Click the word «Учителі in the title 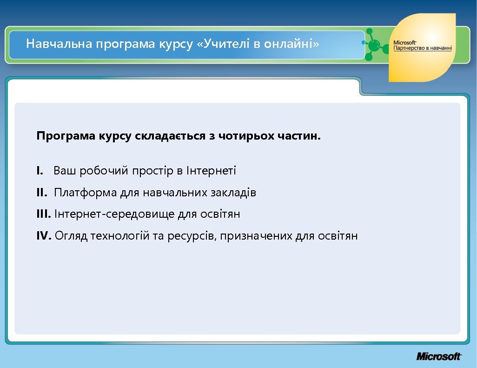tap(222, 44)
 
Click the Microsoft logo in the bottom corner tap(439, 356)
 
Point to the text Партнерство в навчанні tap(419, 48)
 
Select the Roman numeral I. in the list tap(40, 171)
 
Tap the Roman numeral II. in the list tap(42, 193)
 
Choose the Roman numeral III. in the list tap(44, 214)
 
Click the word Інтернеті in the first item tap(211, 171)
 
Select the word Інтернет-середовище tap(115, 214)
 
